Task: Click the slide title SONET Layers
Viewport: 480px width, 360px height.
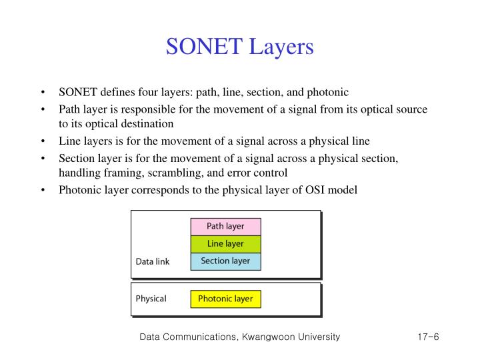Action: coord(239,47)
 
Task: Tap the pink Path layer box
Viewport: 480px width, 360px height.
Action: coord(225,227)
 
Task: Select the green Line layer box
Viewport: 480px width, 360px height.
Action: coord(225,244)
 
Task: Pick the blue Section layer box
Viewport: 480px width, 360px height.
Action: coord(225,261)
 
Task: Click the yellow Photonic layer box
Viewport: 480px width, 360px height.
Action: coord(225,299)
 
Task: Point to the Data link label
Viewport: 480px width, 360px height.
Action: coord(153,262)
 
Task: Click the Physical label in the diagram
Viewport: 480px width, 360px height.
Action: coord(151,299)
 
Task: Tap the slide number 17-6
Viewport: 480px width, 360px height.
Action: coord(424,337)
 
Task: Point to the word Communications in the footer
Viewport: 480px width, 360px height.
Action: coord(199,337)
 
